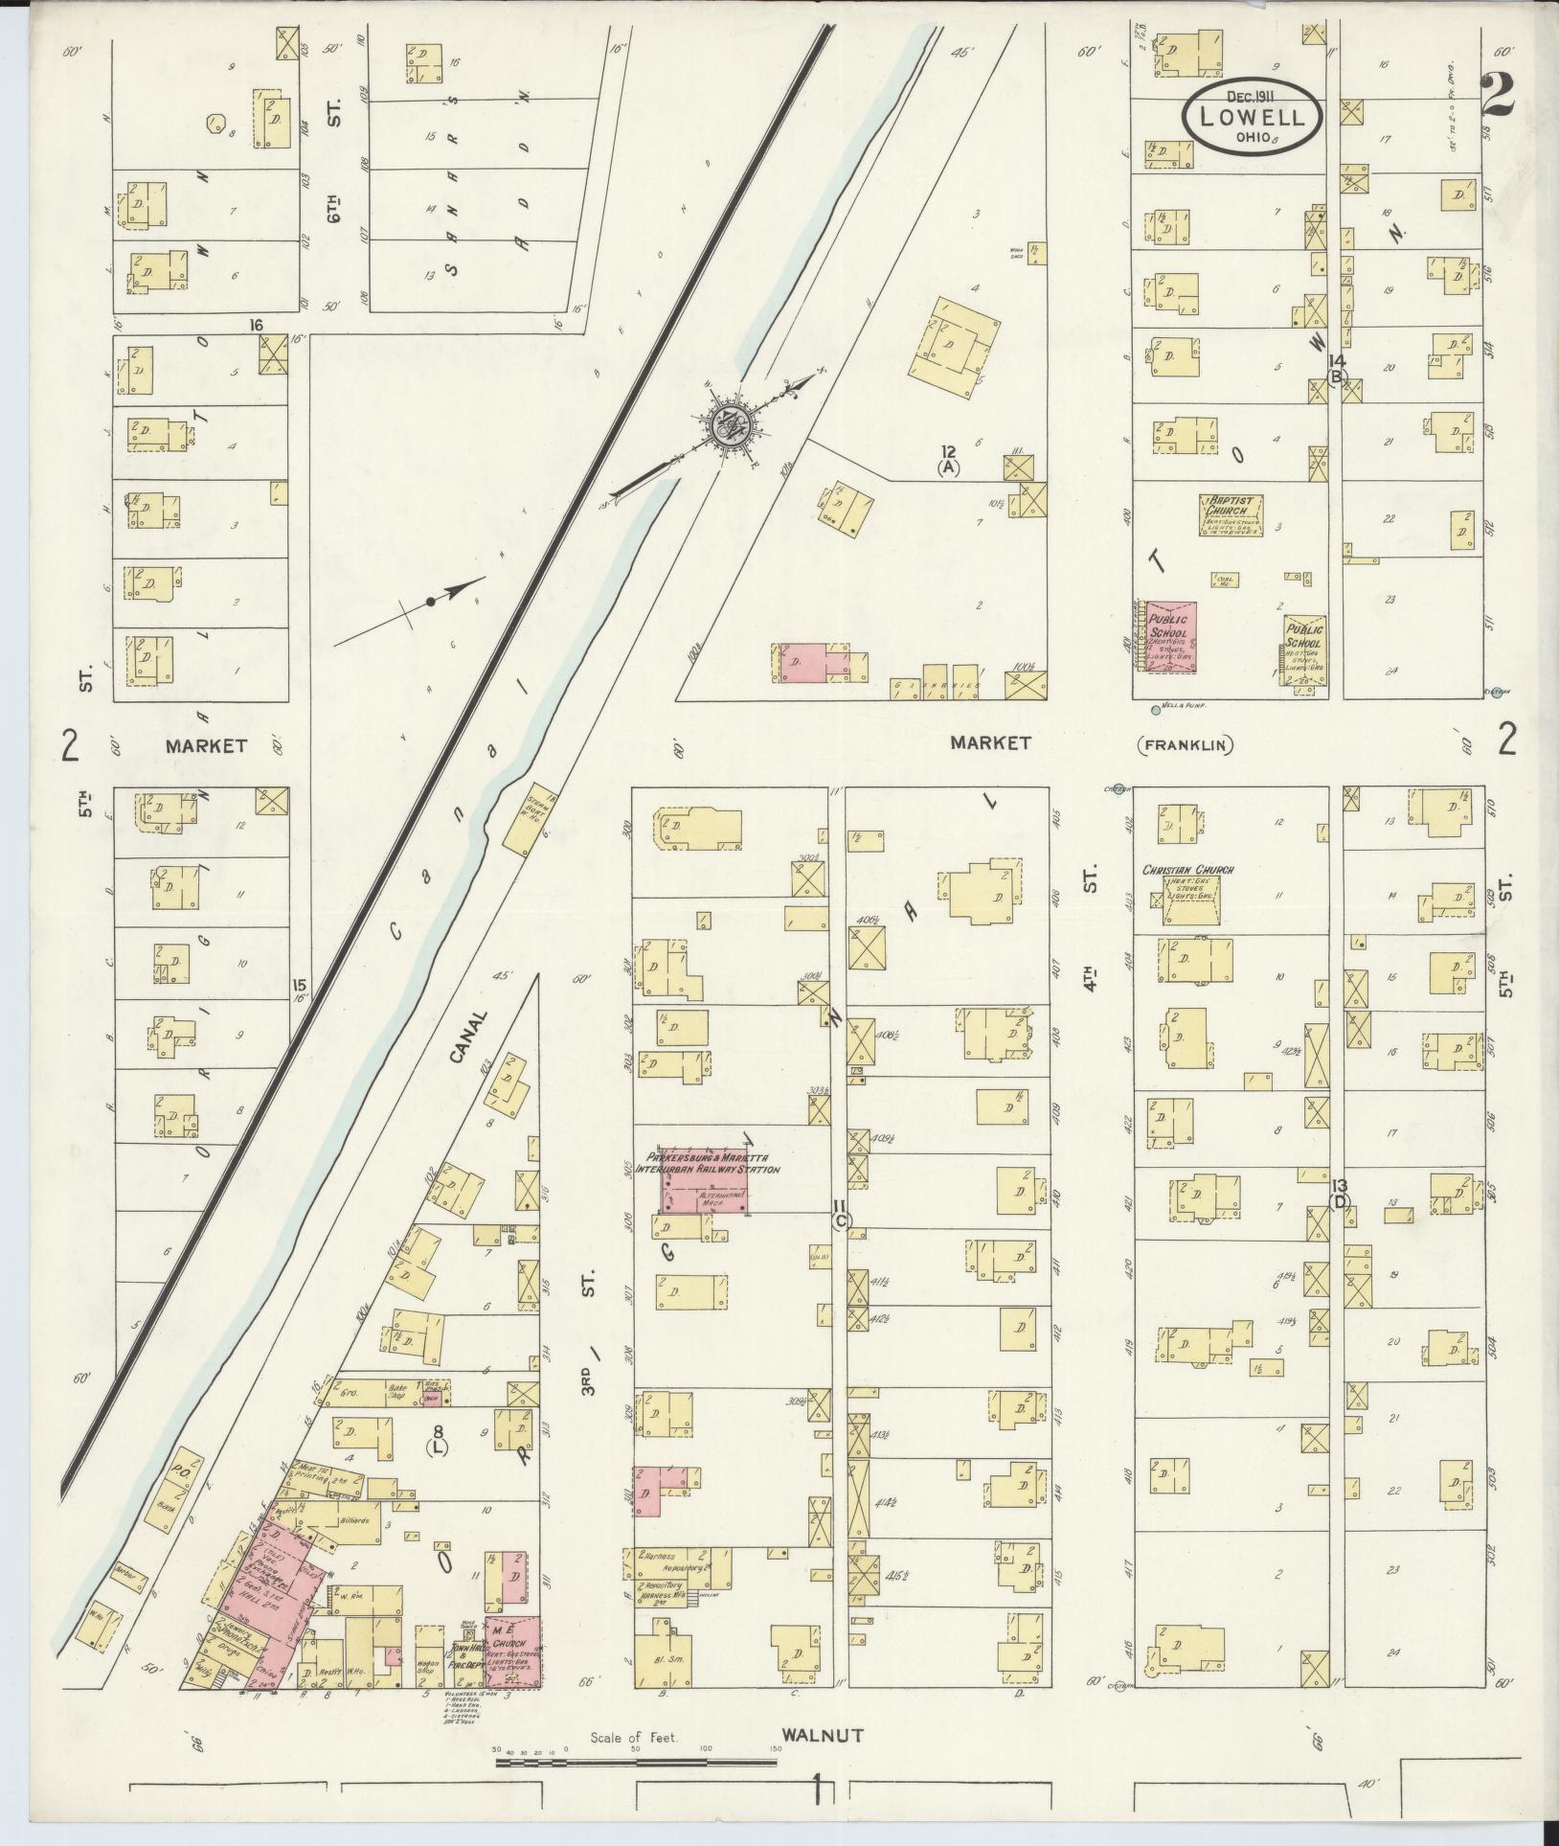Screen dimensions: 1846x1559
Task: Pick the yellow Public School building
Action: (x=1305, y=650)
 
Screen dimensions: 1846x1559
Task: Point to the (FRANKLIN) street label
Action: (x=1185, y=744)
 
